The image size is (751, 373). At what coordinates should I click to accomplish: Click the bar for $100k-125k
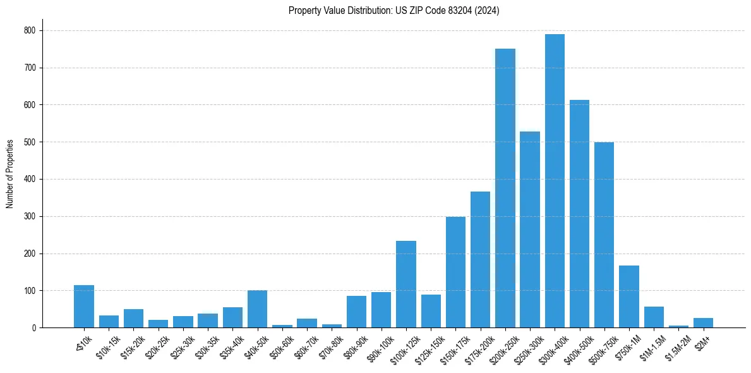(406, 284)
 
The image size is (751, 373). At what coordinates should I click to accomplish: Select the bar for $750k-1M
(629, 297)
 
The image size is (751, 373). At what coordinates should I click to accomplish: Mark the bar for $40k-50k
(257, 309)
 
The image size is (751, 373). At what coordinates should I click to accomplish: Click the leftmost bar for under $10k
(84, 307)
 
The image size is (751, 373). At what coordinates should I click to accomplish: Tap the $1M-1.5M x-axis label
(651, 344)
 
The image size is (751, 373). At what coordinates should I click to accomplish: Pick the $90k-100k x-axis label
(379, 345)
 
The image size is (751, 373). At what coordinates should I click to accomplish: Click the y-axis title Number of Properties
(10, 174)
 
